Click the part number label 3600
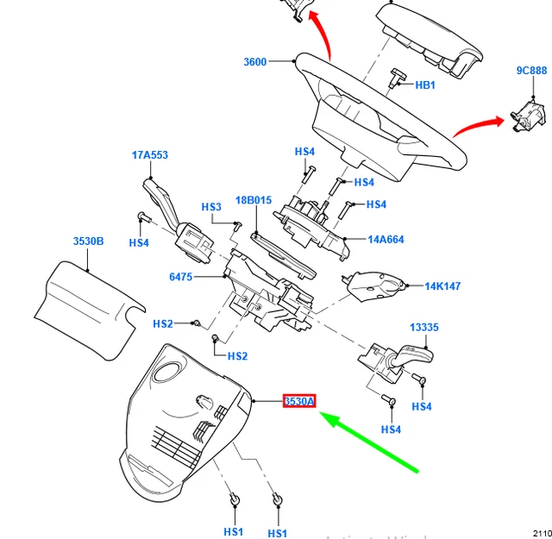tap(254, 62)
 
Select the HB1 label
tap(425, 85)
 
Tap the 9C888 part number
tap(531, 71)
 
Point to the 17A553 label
tap(149, 155)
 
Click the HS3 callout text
tap(211, 207)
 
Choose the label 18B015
tap(254, 200)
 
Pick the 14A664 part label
tap(386, 240)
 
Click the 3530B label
tap(88, 241)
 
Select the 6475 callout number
tap(181, 277)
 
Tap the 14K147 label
tap(442, 285)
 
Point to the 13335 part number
tap(423, 328)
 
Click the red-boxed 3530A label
tap(300, 401)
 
